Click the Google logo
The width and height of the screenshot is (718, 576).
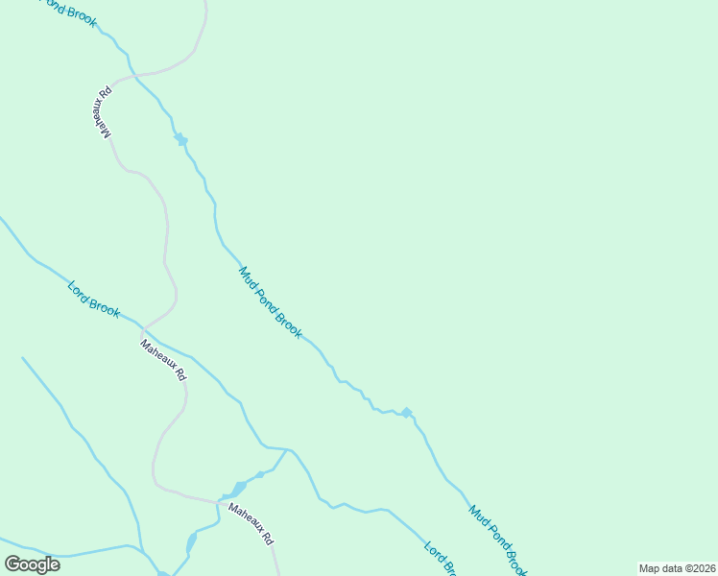point(32,564)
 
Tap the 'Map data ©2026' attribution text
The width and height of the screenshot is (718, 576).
point(677,568)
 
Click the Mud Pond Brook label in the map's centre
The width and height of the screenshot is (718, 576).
point(270,302)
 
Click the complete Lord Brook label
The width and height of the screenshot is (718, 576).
point(93,299)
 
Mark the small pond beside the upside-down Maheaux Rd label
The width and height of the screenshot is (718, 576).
point(180,139)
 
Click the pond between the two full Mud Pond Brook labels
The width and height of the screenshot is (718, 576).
point(407,413)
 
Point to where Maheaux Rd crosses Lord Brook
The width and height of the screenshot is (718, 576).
point(144,331)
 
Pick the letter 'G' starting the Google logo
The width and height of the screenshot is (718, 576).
point(13,564)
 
